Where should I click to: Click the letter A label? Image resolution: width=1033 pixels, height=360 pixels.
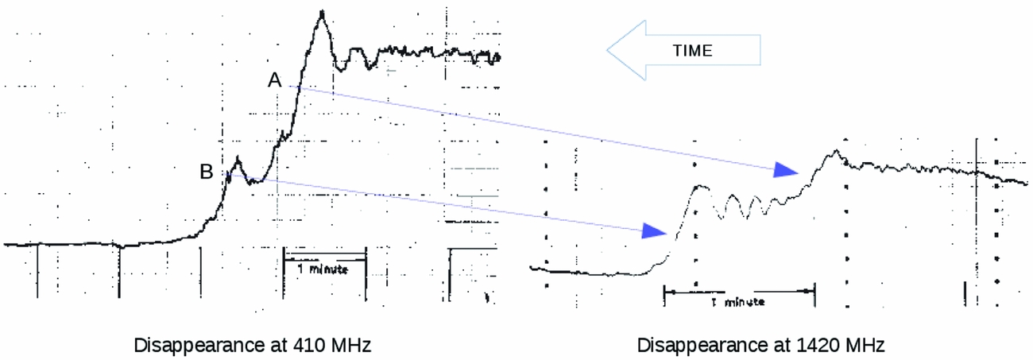pos(274,80)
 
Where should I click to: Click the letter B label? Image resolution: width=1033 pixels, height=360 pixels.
pos(207,172)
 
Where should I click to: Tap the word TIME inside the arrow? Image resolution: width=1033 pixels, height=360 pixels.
pos(692,50)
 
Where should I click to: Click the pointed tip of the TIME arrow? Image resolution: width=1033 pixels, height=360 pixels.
pos(607,50)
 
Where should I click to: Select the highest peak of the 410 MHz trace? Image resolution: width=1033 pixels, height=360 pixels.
pos(322,12)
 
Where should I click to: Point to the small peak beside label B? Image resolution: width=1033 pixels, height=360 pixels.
pos(238,158)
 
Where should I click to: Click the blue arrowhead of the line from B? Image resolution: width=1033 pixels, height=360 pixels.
pos(655,231)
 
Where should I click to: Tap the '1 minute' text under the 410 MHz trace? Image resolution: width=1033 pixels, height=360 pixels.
pos(323,269)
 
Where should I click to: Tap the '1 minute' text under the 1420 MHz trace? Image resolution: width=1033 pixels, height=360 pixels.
pos(738,302)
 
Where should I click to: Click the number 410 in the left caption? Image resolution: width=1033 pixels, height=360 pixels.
pos(308,345)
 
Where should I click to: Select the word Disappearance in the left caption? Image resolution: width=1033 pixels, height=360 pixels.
pos(196,345)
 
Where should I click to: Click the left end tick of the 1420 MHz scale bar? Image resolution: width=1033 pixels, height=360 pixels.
pos(664,296)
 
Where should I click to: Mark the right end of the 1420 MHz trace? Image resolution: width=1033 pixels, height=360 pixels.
pos(1027,184)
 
